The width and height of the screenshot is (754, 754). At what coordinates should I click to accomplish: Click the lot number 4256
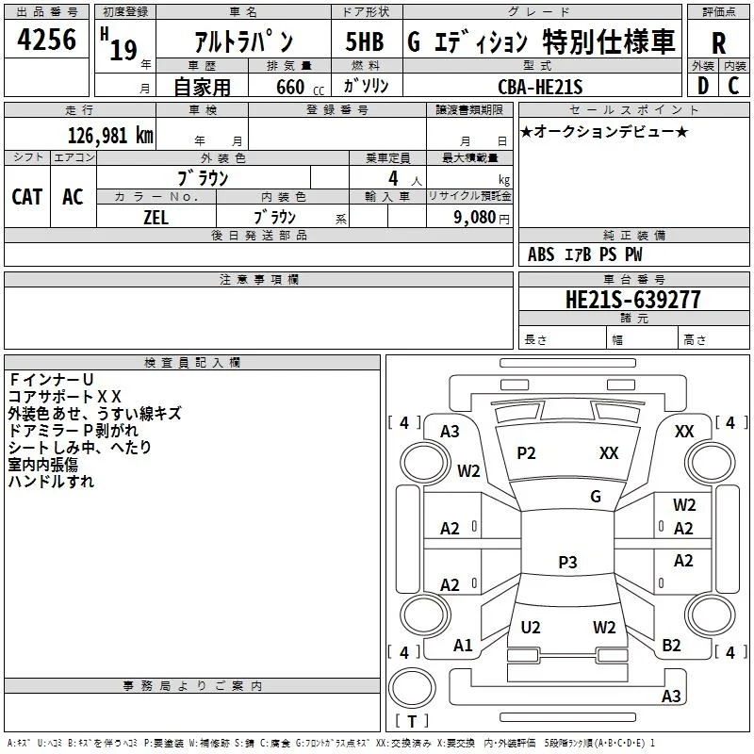pyautogui.click(x=46, y=40)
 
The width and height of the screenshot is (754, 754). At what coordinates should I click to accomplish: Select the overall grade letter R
pyautogui.click(x=718, y=43)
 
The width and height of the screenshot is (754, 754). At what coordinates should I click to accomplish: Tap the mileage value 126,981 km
pyautogui.click(x=110, y=136)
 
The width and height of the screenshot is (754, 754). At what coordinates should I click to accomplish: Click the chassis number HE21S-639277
pyautogui.click(x=632, y=300)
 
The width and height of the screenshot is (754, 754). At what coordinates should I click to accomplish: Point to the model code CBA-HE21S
pyautogui.click(x=540, y=87)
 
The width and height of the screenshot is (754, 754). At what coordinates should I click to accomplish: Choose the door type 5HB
pyautogui.click(x=365, y=41)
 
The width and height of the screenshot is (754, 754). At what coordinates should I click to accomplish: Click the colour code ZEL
pyautogui.click(x=156, y=218)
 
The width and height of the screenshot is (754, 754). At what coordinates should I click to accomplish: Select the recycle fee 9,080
pyautogui.click(x=475, y=218)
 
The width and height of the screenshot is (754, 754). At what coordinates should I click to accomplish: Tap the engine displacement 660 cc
pyautogui.click(x=300, y=87)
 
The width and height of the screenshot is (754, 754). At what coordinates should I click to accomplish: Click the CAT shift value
pyautogui.click(x=27, y=197)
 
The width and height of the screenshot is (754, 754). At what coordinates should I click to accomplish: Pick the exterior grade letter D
pyautogui.click(x=703, y=86)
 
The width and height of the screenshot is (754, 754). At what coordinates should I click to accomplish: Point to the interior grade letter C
pyautogui.click(x=733, y=86)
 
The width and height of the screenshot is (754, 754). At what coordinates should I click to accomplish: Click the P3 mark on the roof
pyautogui.click(x=567, y=562)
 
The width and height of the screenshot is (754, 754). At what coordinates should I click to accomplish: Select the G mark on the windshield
pyautogui.click(x=596, y=496)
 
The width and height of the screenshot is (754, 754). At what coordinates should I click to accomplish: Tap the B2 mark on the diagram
pyautogui.click(x=671, y=645)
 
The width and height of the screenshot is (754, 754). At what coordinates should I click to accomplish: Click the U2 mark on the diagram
pyautogui.click(x=531, y=627)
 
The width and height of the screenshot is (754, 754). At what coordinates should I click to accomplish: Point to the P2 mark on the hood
pyautogui.click(x=526, y=452)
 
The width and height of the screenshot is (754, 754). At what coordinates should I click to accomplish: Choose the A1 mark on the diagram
pyautogui.click(x=463, y=645)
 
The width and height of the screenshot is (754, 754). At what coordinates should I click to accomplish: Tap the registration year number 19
pyautogui.click(x=123, y=50)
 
